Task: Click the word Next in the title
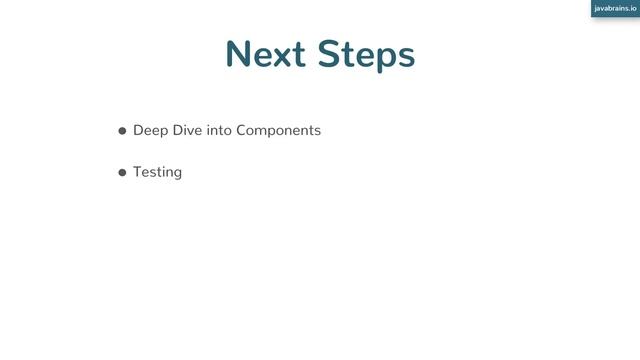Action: click(x=267, y=54)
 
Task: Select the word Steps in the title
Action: click(x=367, y=55)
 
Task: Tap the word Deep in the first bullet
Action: click(x=150, y=131)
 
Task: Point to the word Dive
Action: click(x=187, y=130)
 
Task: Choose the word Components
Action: click(x=279, y=131)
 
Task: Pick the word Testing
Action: click(x=157, y=172)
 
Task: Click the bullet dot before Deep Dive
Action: click(x=122, y=131)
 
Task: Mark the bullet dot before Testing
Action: click(x=122, y=172)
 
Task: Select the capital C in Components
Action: click(x=243, y=130)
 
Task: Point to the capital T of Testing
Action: click(x=138, y=171)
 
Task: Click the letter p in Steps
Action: click(x=385, y=59)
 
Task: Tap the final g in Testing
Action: click(x=177, y=174)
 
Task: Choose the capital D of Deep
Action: click(x=139, y=130)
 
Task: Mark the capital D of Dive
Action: click(x=177, y=130)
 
